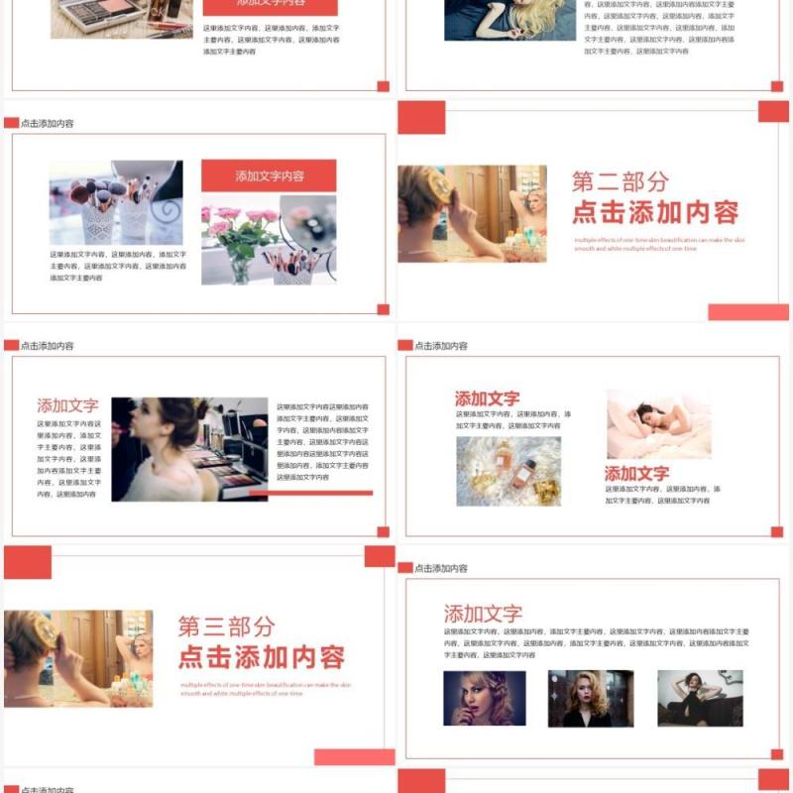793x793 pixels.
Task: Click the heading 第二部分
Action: pyautogui.click(x=621, y=181)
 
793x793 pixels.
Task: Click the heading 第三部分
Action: pyautogui.click(x=226, y=625)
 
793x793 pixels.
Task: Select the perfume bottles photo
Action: pyautogui.click(x=509, y=471)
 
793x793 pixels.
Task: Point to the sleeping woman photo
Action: pyautogui.click(x=658, y=423)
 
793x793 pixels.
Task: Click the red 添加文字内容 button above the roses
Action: pyautogui.click(x=269, y=175)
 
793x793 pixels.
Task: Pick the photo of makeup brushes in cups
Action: pyautogui.click(x=116, y=202)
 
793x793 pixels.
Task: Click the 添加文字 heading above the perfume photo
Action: pyautogui.click(x=487, y=398)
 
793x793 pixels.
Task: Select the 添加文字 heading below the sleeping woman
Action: pyautogui.click(x=636, y=474)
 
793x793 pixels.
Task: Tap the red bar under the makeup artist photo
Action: pyautogui.click(x=310, y=493)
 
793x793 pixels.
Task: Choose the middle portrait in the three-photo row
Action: pyautogui.click(x=590, y=698)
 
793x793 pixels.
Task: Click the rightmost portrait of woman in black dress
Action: pyautogui.click(x=700, y=698)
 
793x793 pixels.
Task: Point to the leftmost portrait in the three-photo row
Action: pyautogui.click(x=484, y=698)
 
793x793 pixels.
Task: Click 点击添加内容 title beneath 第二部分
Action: pyautogui.click(x=655, y=212)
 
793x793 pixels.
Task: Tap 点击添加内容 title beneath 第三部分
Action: pyautogui.click(x=261, y=656)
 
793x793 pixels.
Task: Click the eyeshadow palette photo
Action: pyautogui.click(x=121, y=18)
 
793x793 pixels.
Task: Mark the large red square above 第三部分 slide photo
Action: pyautogui.click(x=28, y=562)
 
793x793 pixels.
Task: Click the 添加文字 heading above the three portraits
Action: pyautogui.click(x=483, y=614)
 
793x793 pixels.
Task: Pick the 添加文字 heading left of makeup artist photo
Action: pyautogui.click(x=67, y=405)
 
